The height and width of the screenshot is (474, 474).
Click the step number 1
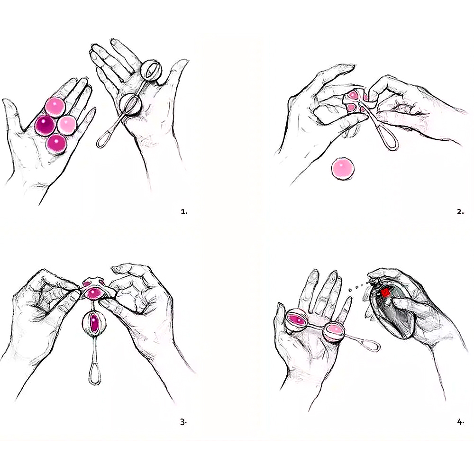click(x=184, y=212)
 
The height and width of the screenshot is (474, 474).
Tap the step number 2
click(x=460, y=212)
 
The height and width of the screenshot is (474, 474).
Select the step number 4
click(x=460, y=422)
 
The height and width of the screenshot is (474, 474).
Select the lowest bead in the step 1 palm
click(x=56, y=143)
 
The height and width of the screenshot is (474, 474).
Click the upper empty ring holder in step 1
click(x=154, y=71)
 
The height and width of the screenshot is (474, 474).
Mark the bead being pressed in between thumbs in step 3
click(x=93, y=292)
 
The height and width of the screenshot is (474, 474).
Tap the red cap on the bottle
click(x=385, y=293)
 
